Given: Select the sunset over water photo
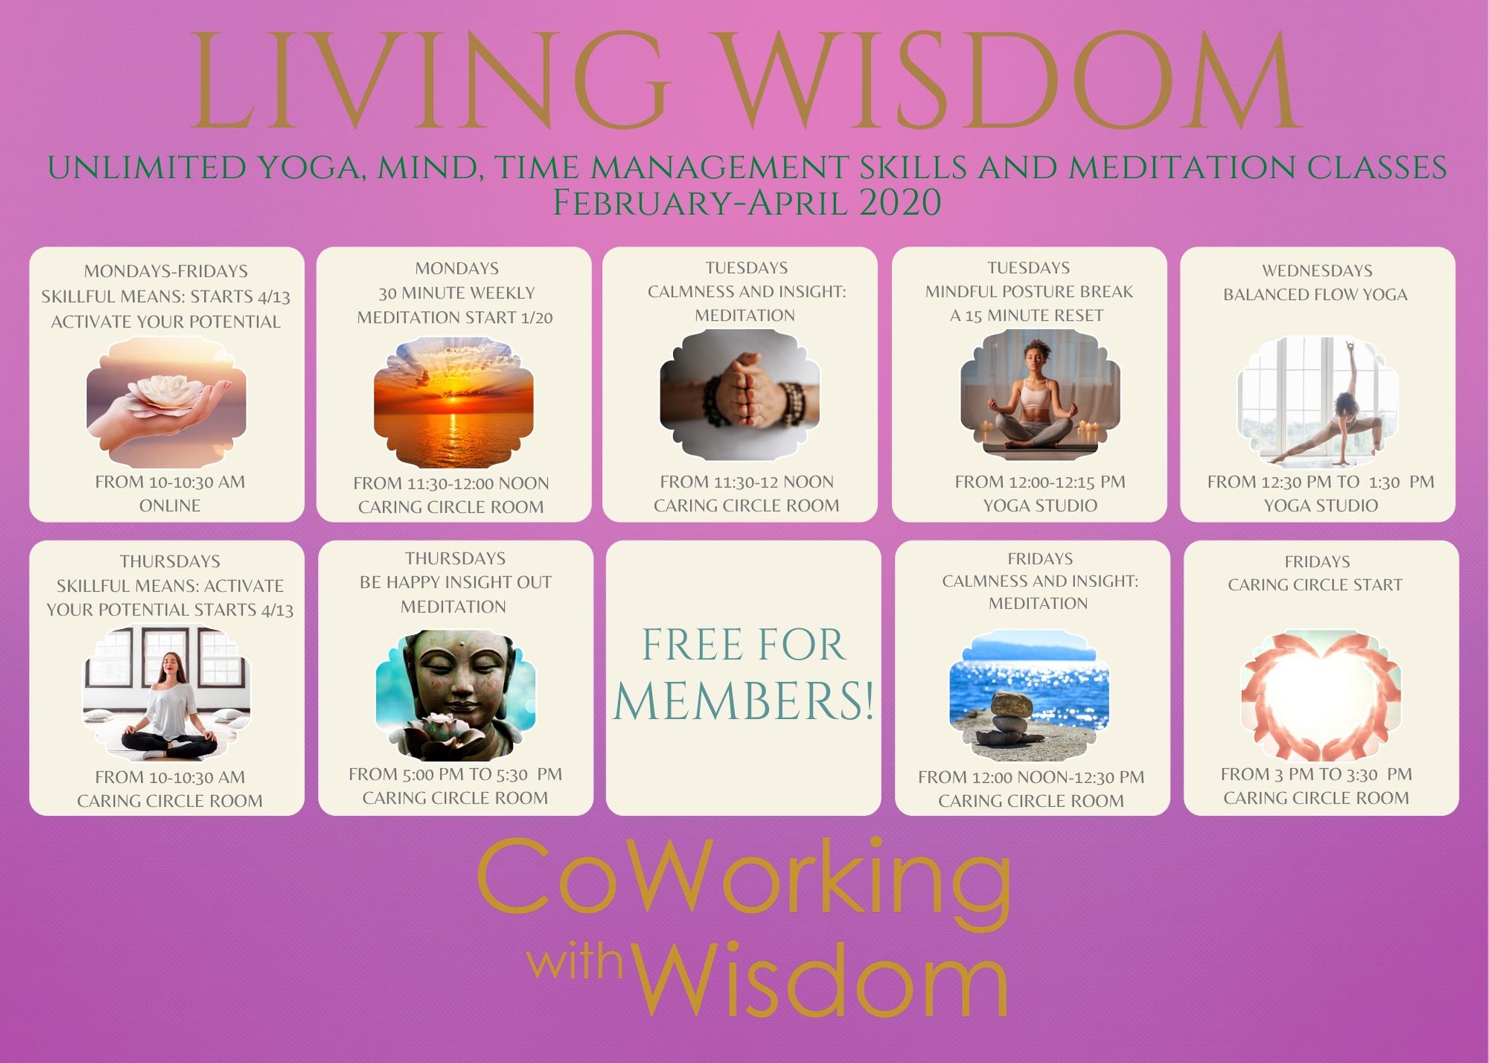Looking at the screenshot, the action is [453, 402].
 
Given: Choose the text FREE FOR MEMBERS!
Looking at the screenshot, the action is [744, 673].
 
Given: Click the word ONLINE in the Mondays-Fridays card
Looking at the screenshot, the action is [170, 505].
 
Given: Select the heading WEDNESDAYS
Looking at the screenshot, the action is [1317, 270].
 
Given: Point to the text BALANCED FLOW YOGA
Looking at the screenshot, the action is [1316, 295].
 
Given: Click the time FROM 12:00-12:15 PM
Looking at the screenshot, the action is [1040, 482].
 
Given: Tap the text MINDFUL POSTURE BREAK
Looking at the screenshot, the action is [1029, 292].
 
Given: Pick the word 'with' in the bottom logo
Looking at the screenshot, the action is [575, 961].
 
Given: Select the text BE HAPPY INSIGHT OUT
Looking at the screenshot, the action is [456, 582].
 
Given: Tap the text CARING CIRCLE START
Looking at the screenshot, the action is [1316, 585].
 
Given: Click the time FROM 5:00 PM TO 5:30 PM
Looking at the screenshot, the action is [456, 774].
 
